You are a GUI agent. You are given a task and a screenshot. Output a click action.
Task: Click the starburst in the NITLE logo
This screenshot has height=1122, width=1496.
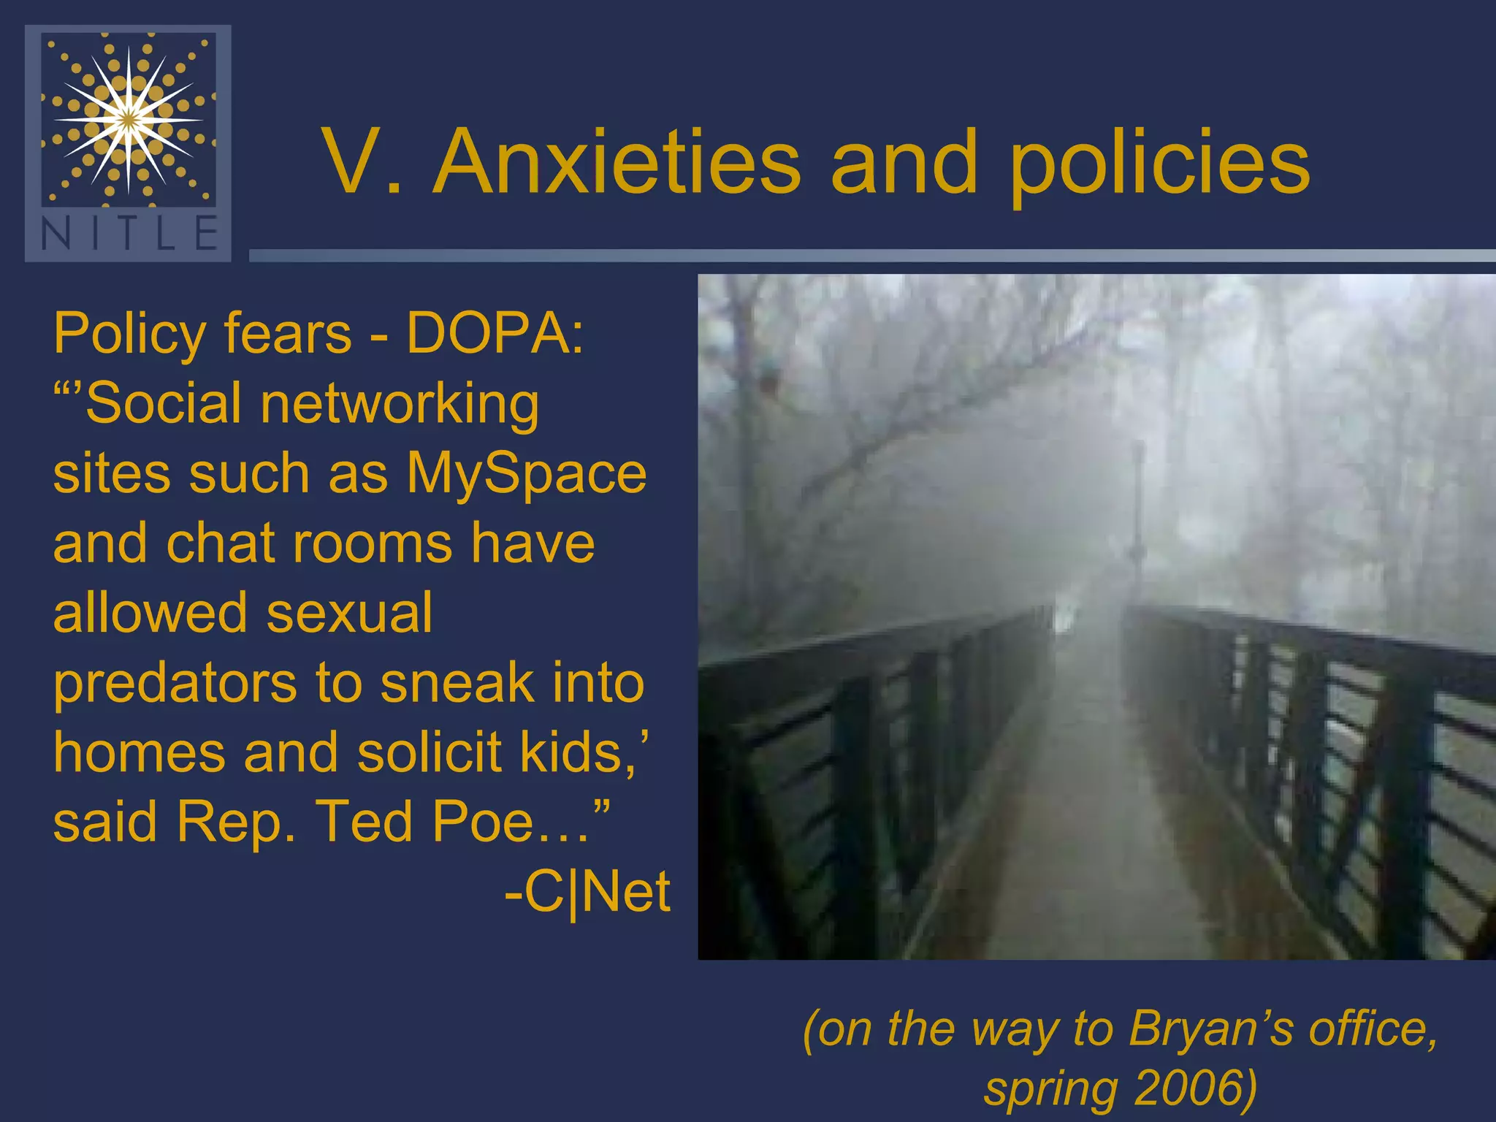tap(129, 119)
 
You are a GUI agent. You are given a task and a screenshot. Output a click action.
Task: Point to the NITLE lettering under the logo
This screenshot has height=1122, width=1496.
tap(129, 234)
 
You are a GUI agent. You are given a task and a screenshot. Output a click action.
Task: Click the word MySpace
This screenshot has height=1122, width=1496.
tap(526, 473)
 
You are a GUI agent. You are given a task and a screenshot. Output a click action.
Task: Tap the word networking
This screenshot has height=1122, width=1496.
tap(400, 403)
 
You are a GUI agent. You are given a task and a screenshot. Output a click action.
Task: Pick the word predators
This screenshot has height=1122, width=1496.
tap(175, 684)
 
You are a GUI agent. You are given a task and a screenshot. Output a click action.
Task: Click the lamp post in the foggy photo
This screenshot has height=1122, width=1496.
tap(1137, 511)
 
